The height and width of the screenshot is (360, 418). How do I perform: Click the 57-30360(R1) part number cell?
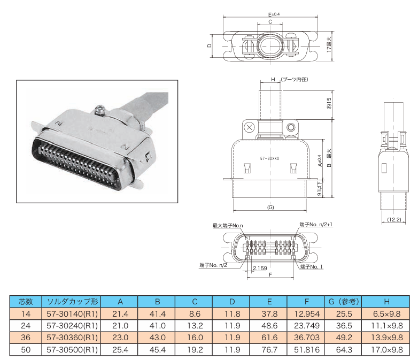[x=72, y=338]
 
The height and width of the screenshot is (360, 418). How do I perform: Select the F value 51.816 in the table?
[x=307, y=350]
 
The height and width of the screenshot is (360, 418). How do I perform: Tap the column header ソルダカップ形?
[x=72, y=302]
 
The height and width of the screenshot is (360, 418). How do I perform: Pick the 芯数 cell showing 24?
[x=26, y=326]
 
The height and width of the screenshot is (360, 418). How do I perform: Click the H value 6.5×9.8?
[x=387, y=314]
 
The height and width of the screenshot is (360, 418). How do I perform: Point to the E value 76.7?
[x=269, y=350]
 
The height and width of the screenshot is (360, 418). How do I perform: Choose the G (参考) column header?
[x=344, y=302]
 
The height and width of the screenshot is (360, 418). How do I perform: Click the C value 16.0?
[x=195, y=338]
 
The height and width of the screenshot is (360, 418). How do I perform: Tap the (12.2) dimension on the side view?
[x=394, y=219]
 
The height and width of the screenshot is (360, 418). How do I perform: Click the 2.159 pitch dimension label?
[x=260, y=268]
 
